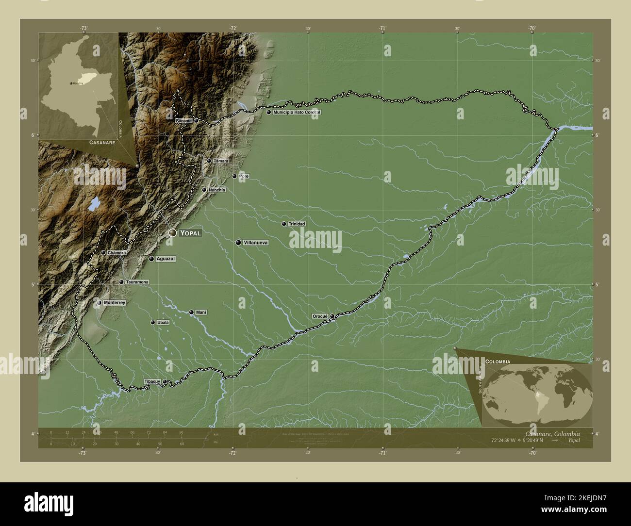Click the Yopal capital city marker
[172, 233]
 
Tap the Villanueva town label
[256, 242]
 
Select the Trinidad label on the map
[297, 224]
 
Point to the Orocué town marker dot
[332, 316]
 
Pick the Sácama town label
[184, 120]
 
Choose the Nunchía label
[216, 190]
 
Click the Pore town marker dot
[234, 176]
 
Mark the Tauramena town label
[137, 282]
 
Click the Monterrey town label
[115, 303]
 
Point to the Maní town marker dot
[192, 312]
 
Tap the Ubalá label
[163, 322]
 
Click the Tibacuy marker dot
[165, 382]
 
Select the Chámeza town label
[117, 252]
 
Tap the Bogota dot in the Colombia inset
[71, 84]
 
